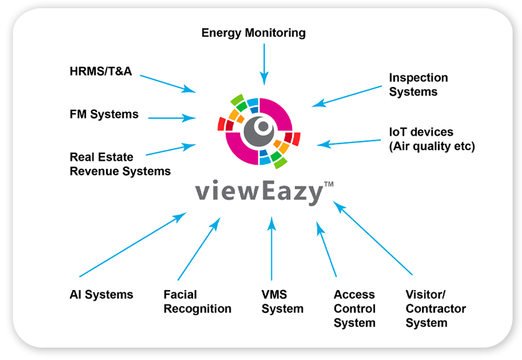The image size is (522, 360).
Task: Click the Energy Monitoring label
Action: point(253,33)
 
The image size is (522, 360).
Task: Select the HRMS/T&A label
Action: point(101,72)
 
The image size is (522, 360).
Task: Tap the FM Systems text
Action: point(104,114)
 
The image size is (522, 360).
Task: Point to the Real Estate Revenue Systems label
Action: point(120,164)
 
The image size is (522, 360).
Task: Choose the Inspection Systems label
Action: point(418,85)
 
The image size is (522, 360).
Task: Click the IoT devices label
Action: point(431,139)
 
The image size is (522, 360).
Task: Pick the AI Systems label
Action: point(101,295)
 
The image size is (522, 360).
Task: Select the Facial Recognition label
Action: point(197,302)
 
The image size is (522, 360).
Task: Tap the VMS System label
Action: point(282,302)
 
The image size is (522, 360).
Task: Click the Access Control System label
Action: point(354,309)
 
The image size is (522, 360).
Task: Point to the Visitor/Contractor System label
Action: point(435,309)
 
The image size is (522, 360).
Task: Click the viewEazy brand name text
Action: point(260,193)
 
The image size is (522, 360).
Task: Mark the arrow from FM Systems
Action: point(171,118)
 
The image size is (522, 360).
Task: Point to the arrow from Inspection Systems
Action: point(347,96)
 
